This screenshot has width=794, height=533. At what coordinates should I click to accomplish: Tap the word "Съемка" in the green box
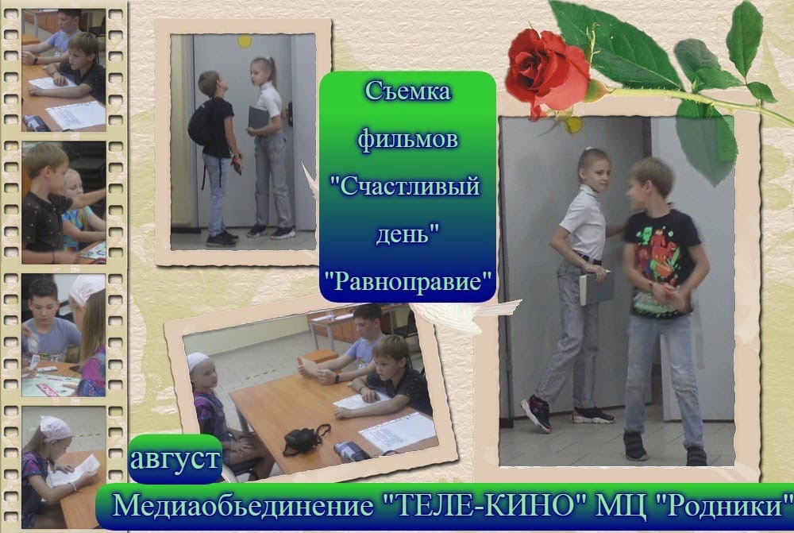407,91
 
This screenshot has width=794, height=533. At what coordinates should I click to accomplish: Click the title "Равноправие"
408,280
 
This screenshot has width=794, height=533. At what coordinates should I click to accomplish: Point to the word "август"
175,458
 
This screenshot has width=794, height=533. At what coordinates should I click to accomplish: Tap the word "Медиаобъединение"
242,506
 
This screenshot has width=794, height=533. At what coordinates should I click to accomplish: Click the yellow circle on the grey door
245,41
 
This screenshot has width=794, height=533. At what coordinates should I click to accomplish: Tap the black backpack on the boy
202,123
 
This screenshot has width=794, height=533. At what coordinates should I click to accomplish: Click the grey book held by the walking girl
596,289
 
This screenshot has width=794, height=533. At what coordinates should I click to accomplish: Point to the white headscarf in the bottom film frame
56,428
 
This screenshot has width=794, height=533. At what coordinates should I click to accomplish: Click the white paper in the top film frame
77,115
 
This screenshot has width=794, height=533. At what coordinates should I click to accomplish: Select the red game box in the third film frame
48,390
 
